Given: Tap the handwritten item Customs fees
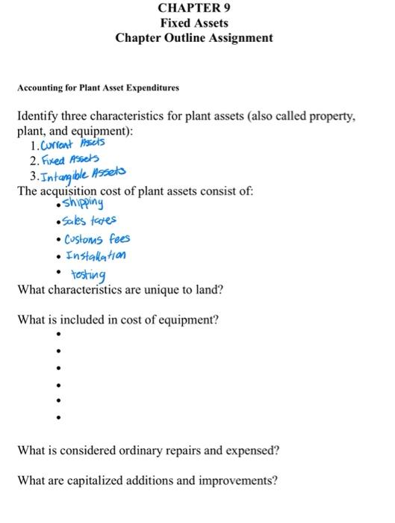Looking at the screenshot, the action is click(x=98, y=239).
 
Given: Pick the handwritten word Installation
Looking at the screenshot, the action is click(x=96, y=256).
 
